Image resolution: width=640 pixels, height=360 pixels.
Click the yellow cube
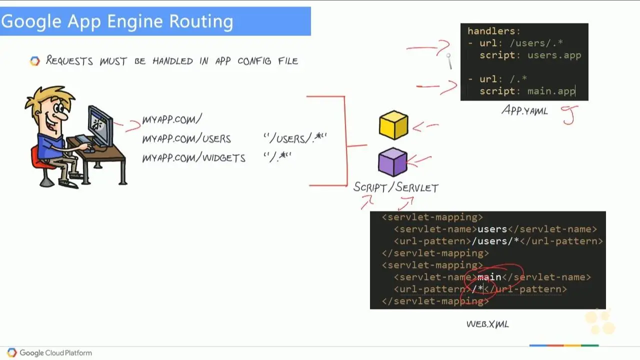[x=393, y=125]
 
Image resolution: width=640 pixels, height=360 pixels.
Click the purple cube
[x=392, y=161]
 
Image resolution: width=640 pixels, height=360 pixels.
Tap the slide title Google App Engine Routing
[x=117, y=21]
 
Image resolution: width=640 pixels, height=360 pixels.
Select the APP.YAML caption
[x=524, y=110]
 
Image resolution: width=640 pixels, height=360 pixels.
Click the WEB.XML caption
[x=487, y=324]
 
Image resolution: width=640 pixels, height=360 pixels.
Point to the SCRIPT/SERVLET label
[x=395, y=187]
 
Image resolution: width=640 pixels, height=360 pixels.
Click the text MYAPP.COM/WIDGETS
[x=193, y=158]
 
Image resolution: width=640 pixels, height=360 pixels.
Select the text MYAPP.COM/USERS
[x=186, y=138]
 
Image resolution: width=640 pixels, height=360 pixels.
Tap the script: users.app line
[x=530, y=55]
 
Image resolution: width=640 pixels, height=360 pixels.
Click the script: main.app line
[x=527, y=91]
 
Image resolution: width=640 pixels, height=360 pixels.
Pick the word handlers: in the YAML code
[x=494, y=31]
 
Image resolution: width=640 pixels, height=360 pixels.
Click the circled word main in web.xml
[x=489, y=277]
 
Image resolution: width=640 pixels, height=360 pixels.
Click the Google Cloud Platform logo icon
[x=12, y=352]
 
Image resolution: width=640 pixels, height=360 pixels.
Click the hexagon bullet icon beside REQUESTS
[x=34, y=61]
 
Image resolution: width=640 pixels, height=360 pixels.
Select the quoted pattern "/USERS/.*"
[x=295, y=138]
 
